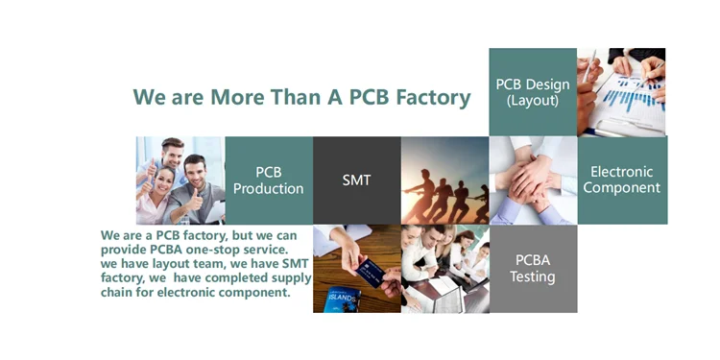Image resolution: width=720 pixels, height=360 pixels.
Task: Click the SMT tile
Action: point(357,180)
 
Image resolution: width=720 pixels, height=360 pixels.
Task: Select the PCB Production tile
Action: point(269,180)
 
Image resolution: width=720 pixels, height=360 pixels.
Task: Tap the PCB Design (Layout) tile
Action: point(533,92)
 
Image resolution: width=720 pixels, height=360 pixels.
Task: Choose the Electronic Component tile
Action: point(622,180)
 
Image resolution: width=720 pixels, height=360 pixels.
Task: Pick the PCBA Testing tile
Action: point(533,269)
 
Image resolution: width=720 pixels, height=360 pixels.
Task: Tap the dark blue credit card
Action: point(371,274)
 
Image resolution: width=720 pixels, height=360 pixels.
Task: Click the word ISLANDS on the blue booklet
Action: point(342,299)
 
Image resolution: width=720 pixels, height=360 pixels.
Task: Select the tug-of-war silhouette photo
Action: point(444,180)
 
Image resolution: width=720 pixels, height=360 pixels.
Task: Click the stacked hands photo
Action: point(533,180)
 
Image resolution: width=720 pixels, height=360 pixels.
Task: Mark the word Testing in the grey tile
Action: point(533,277)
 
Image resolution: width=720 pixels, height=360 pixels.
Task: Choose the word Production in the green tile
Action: point(269,188)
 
